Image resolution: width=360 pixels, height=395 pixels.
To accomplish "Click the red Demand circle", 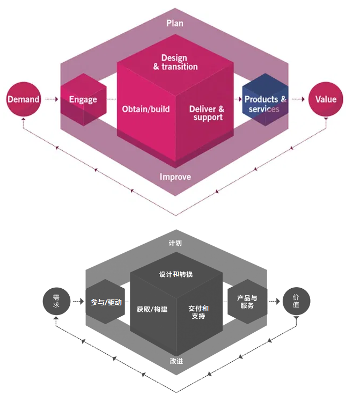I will pyautogui.click(x=23, y=99).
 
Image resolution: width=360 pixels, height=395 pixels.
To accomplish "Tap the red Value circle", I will pyautogui.click(x=326, y=99).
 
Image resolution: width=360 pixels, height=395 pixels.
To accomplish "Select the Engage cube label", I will pyautogui.click(x=83, y=99).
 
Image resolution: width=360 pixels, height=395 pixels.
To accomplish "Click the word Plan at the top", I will pyautogui.click(x=175, y=23).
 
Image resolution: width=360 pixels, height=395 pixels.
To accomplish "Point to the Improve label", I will pyautogui.click(x=175, y=177).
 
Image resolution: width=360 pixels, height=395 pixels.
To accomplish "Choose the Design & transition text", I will pyautogui.click(x=175, y=62).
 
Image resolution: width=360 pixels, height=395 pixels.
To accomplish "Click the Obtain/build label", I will pyautogui.click(x=146, y=109).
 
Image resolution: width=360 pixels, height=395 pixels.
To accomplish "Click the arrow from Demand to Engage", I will pyautogui.click(x=50, y=99).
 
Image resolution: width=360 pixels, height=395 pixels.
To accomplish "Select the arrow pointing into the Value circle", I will pyautogui.click(x=298, y=99).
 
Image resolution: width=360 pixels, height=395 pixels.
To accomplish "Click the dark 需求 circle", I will pyautogui.click(x=56, y=301).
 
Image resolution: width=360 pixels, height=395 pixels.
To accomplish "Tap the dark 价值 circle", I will pyautogui.click(x=297, y=301).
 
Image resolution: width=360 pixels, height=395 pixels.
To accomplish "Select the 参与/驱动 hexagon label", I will pyautogui.click(x=106, y=302).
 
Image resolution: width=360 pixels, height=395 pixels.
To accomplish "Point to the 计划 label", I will pyautogui.click(x=175, y=243).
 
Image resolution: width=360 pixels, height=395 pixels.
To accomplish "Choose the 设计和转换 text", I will pyautogui.click(x=176, y=274).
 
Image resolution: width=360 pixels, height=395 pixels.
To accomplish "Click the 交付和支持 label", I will pyautogui.click(x=199, y=312).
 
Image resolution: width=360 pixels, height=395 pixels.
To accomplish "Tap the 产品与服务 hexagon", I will pyautogui.click(x=247, y=302).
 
